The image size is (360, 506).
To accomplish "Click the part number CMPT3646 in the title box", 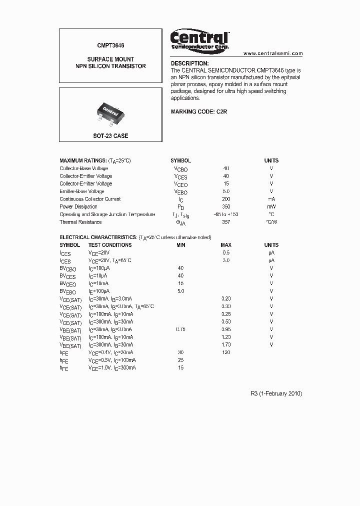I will tap(110, 45).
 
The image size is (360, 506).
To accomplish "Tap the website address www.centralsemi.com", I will tap(273, 53).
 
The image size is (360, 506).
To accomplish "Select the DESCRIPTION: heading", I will tap(189, 63).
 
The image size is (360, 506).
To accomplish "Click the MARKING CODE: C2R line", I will tap(199, 111).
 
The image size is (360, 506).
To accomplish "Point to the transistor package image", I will tap(110, 111).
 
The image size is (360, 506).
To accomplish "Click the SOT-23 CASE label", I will tap(110, 136).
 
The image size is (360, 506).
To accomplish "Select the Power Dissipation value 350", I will tap(226, 206).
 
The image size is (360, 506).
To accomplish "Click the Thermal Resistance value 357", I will tap(226, 222).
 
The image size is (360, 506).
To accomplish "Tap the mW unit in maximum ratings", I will tap(271, 206).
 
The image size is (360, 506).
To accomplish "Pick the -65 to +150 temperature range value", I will tap(225, 214).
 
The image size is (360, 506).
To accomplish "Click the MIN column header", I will tap(180, 245).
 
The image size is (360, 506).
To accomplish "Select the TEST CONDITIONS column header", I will tap(110, 245).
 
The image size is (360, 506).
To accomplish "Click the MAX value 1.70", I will tap(226, 344).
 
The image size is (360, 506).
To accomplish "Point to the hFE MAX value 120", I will tap(226, 352).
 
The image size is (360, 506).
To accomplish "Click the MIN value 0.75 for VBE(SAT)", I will tap(180, 329).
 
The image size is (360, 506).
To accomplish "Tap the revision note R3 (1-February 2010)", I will tap(276, 393).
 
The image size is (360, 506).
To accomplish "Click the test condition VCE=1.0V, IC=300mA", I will tap(112, 367).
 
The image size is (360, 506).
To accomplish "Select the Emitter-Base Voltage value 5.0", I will tap(226, 191).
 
